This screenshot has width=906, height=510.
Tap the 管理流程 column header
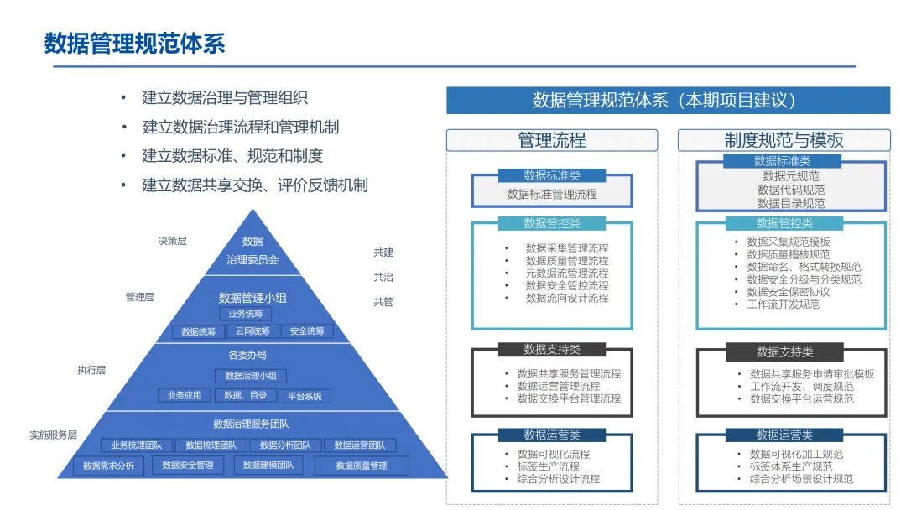pyautogui.click(x=551, y=140)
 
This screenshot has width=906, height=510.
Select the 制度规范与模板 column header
pyautogui.click(x=784, y=140)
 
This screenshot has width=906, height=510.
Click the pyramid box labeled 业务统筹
pyautogui.click(x=246, y=314)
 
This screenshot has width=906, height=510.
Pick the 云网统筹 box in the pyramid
pyautogui.click(x=253, y=331)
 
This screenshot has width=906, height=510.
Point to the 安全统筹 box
pyautogui.click(x=307, y=331)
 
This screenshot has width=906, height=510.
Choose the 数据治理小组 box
pyautogui.click(x=251, y=376)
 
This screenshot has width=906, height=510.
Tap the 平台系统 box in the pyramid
pyautogui.click(x=304, y=396)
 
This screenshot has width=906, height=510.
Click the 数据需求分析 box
pyautogui.click(x=109, y=466)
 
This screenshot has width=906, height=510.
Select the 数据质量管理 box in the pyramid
pyautogui.click(x=362, y=466)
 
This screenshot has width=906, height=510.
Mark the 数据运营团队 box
pyautogui.click(x=360, y=445)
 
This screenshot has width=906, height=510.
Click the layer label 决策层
pyautogui.click(x=173, y=241)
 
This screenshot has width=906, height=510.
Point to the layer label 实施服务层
pyautogui.click(x=54, y=435)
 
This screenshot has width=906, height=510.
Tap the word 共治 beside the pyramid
pyautogui.click(x=383, y=277)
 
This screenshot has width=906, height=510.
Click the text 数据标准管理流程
pyautogui.click(x=552, y=194)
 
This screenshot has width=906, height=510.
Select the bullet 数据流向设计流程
pyautogui.click(x=567, y=298)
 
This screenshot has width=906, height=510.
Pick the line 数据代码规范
pyautogui.click(x=791, y=190)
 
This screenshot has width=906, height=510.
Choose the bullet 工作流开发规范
pyautogui.click(x=784, y=304)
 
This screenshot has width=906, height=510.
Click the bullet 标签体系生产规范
pyautogui.click(x=791, y=466)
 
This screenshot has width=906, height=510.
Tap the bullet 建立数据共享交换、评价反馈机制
pyautogui.click(x=255, y=185)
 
